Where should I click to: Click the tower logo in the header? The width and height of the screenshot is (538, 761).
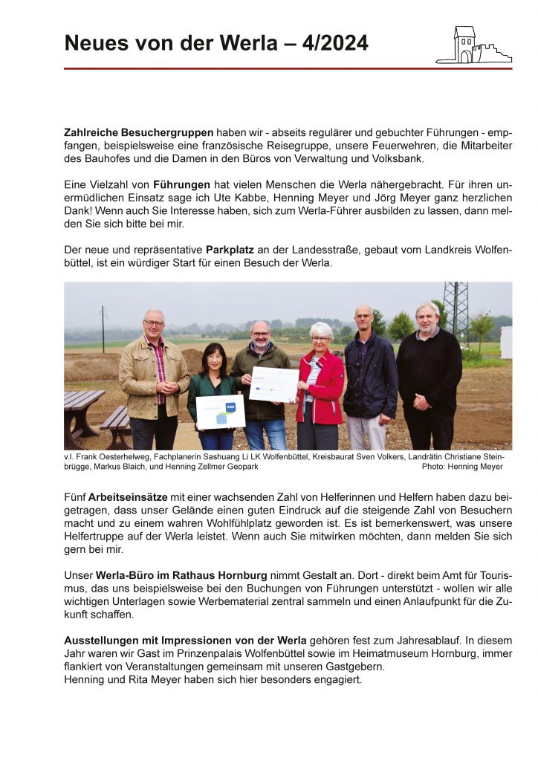click(473, 45)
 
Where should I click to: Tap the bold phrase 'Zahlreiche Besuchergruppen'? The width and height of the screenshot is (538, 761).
click(139, 132)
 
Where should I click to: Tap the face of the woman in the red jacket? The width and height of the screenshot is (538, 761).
click(321, 334)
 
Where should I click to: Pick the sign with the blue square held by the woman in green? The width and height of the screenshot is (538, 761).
click(221, 411)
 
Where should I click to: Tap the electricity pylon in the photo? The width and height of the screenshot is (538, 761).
click(456, 308)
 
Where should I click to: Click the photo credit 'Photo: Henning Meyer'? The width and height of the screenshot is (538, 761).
click(461, 467)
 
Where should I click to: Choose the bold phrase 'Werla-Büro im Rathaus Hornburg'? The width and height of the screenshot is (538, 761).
click(176, 574)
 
